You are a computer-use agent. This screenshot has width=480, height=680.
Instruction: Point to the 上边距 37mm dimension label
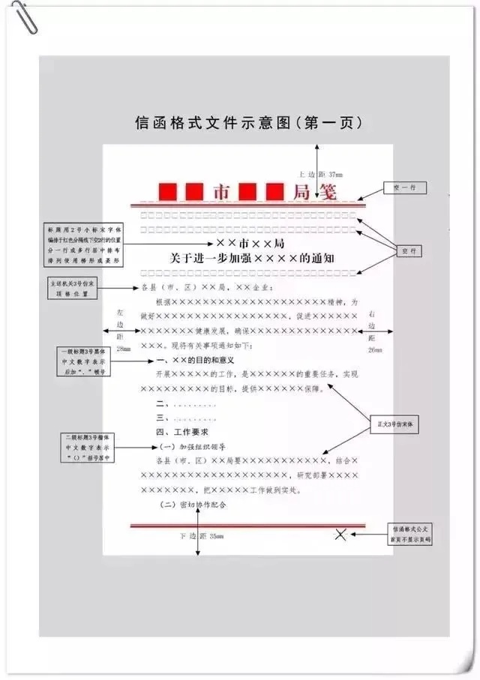click(x=320, y=172)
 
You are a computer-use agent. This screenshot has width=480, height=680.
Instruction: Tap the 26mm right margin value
click(x=374, y=350)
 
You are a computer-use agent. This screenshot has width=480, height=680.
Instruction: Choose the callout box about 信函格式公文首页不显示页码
click(x=411, y=534)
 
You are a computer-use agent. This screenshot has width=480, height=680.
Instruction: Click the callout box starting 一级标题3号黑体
click(x=83, y=361)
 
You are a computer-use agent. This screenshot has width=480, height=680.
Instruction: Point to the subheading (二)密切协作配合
click(x=194, y=505)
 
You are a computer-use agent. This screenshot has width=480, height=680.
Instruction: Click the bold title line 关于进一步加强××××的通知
click(x=251, y=259)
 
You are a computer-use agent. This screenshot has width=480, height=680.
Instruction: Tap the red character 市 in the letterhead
click(x=222, y=192)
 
